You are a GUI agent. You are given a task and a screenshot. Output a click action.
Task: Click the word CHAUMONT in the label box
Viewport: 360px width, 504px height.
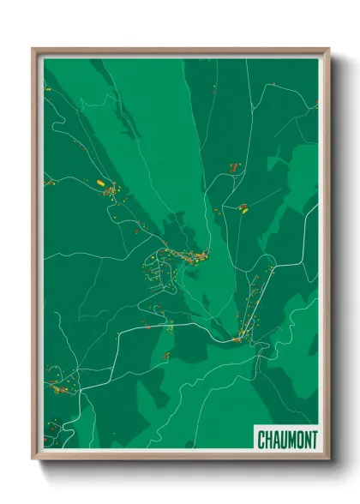click(287, 439)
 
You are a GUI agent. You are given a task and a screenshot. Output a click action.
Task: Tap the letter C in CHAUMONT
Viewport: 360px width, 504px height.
click(262, 439)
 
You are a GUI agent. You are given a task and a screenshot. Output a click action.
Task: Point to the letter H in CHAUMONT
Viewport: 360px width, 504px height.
click(269, 439)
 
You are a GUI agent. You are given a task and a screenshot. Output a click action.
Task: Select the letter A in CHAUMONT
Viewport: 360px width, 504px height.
click(277, 439)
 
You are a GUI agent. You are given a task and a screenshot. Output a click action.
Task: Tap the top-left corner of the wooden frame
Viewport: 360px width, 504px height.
click(33, 50)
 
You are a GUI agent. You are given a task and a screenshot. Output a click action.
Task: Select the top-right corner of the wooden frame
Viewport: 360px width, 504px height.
click(328, 50)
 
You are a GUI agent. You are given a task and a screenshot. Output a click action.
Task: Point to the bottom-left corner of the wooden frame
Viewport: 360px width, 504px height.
click(33, 459)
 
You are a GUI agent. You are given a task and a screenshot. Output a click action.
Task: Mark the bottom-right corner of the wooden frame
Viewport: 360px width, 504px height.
click(328, 459)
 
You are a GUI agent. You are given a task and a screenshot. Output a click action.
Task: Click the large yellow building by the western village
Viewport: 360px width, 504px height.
click(100, 183)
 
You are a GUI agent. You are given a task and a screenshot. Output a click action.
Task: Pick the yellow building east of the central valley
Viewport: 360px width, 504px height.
click(243, 207)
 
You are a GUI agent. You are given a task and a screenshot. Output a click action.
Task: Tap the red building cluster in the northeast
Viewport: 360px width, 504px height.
click(233, 165)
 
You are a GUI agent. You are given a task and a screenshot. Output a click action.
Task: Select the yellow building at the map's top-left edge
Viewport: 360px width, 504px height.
click(48, 88)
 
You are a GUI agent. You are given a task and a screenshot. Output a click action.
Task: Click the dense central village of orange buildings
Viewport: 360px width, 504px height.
click(184, 255)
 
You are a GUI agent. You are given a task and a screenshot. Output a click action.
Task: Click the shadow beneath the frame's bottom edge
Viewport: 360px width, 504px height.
click(184, 468)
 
